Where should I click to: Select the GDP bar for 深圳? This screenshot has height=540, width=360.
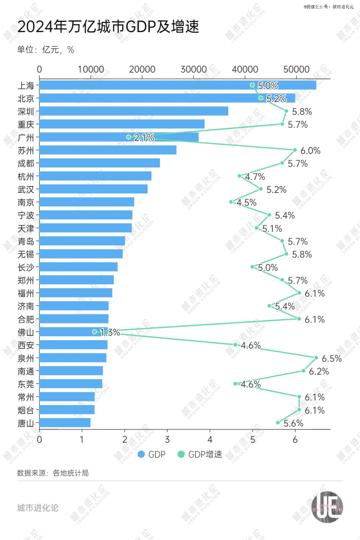[133, 111]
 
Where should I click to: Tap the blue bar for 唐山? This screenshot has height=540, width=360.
[65, 423]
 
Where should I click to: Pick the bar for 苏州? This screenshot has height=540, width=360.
[108, 150]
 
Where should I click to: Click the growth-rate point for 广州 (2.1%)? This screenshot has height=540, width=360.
[129, 137]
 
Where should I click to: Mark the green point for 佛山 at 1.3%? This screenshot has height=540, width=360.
[95, 332]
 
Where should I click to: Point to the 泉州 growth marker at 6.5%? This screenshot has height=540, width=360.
[316, 358]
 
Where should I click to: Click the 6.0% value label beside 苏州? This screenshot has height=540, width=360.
[310, 151]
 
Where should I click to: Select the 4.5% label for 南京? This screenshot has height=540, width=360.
[246, 203]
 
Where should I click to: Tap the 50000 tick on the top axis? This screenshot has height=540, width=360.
[296, 69]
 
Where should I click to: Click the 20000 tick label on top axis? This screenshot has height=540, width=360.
[142, 69]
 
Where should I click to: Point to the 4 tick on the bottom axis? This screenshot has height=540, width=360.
[210, 439]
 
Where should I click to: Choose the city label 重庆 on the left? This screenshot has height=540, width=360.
[26, 124]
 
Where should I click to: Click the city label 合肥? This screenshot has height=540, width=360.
[26, 319]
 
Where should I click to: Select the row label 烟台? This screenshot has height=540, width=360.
[26, 410]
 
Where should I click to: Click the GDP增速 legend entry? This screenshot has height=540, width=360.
[200, 454]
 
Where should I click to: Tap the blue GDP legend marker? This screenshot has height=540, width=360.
[141, 454]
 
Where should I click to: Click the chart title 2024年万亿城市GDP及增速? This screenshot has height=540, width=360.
[108, 27]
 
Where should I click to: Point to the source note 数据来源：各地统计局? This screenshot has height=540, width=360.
[53, 473]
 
